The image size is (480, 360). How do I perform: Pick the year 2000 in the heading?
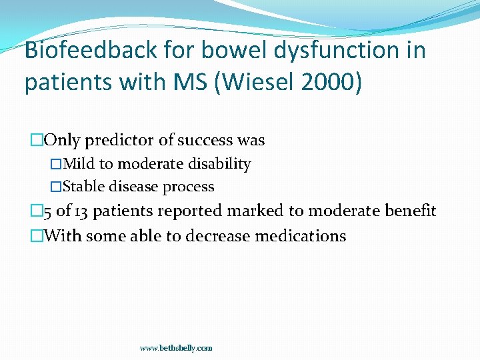(336, 83)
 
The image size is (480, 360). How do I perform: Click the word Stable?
(83, 187)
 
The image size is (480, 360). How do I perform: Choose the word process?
(191, 187)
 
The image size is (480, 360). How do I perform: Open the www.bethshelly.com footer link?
(176, 348)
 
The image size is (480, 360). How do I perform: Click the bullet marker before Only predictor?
(37, 141)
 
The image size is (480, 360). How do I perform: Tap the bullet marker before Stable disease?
(56, 187)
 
